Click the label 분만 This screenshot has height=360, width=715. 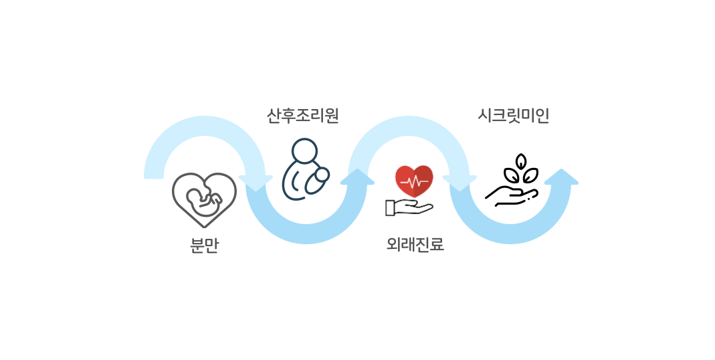[x=204, y=245]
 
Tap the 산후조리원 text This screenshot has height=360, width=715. [x=302, y=116]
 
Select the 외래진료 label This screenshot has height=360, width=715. [x=415, y=244]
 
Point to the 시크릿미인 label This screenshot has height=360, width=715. [x=513, y=116]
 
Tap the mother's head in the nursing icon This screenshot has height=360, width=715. [x=304, y=150]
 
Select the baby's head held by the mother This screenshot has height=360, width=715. [x=322, y=175]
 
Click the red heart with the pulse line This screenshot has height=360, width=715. [x=414, y=181]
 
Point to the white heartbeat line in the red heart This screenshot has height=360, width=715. [x=414, y=183]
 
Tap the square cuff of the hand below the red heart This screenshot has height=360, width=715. [x=390, y=208]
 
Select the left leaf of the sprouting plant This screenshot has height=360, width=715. [x=511, y=175]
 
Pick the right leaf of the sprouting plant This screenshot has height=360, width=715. [x=530, y=175]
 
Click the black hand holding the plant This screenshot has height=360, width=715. [x=512, y=196]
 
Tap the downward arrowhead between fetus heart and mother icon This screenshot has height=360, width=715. [x=256, y=183]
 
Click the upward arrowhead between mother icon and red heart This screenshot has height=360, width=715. [x=357, y=177]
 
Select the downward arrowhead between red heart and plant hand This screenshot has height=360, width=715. [x=459, y=183]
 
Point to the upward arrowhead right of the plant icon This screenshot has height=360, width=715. [x=561, y=177]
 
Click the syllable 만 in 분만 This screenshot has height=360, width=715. [x=212, y=245]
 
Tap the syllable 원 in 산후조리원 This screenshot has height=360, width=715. [x=332, y=116]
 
